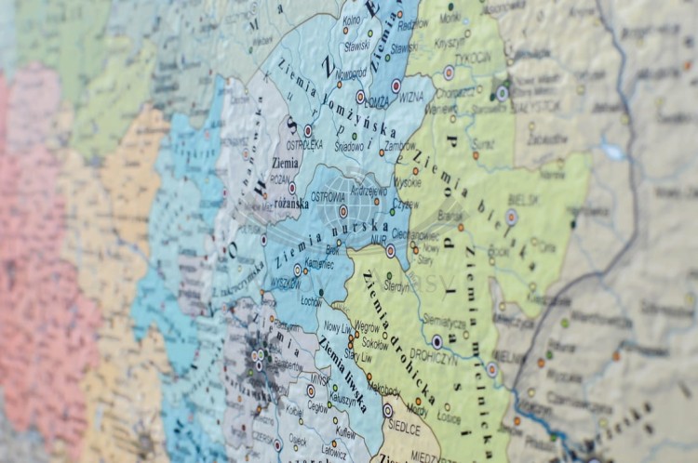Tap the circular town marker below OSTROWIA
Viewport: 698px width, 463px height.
coord(343,212)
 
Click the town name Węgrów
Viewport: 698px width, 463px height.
coord(367,326)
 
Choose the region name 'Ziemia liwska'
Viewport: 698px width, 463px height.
coord(341,372)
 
